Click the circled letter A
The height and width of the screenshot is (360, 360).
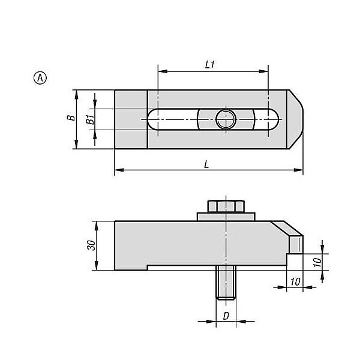[40, 78]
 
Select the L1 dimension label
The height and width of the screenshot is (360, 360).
[210, 65]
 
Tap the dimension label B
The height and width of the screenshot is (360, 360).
[71, 118]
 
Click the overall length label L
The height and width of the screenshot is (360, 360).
[206, 164]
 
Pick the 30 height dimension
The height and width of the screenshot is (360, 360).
[91, 245]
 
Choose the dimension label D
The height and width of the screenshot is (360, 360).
[226, 316]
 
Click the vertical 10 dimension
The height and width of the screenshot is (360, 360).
[317, 262]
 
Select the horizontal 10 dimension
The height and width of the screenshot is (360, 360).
[295, 281]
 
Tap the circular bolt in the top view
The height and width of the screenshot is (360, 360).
[226, 119]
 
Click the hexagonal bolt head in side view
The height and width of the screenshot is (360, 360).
[226, 206]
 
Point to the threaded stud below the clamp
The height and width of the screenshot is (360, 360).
[226, 283]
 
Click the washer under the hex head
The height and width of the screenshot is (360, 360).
[226, 217]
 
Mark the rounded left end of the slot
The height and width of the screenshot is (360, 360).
[152, 119]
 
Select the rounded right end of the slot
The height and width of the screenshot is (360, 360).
[274, 119]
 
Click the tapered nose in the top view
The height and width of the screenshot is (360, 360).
[295, 119]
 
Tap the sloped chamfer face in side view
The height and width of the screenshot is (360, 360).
[287, 228]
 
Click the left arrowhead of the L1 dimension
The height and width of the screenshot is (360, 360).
[163, 71]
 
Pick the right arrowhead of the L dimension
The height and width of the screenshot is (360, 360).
[298, 170]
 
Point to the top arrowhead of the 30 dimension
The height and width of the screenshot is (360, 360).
[97, 226]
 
